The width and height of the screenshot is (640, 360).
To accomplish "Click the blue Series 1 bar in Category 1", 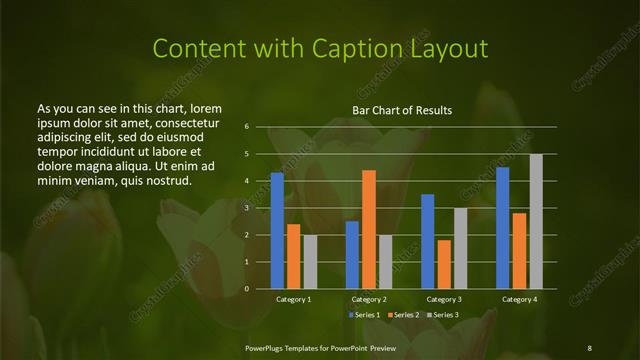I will point(277,231).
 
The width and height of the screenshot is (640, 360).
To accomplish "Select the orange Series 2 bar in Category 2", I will point(369,229).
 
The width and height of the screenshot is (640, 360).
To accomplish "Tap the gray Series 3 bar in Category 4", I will point(536,221).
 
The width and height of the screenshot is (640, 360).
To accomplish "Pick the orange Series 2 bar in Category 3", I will point(444,264).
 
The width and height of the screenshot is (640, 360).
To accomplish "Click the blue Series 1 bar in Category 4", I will point(503,228).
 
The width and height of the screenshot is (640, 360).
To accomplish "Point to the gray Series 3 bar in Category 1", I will point(310,262).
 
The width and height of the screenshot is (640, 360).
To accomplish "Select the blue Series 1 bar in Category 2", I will point(352,255).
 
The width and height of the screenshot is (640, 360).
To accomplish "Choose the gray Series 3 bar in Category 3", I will point(461,248).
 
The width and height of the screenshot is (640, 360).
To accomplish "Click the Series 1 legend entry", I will point(364,315).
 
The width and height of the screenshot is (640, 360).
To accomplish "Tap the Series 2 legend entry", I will point(402,315).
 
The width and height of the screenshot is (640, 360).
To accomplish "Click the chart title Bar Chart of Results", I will point(402,110).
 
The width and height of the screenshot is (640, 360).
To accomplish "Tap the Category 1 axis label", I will point(293,299).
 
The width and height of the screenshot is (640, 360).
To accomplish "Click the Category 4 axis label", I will point(519,299).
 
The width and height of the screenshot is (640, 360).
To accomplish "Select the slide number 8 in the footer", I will point(589,346).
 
